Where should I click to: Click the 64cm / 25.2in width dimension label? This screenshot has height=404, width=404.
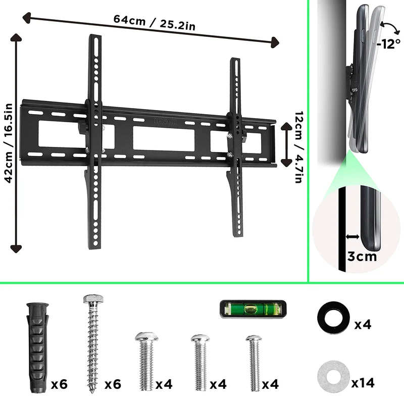coord(155,22)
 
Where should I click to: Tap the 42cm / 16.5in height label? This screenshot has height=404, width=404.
coord(9,143)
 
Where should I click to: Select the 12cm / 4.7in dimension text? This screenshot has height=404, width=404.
coord(299,147)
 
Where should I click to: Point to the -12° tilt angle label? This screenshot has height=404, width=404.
coord(388,44)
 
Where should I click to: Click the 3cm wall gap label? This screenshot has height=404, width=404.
coord(362,257)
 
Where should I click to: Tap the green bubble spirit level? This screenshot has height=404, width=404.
coord(253,309)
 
